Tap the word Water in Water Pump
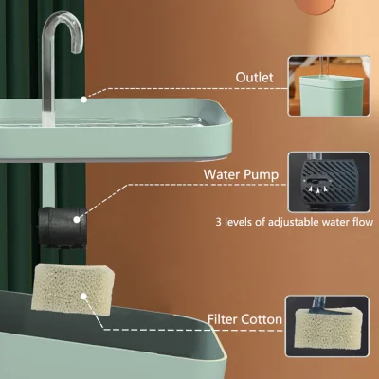click(x=225, y=174)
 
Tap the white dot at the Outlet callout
click(x=83, y=97)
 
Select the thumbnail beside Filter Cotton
click(x=331, y=318)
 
